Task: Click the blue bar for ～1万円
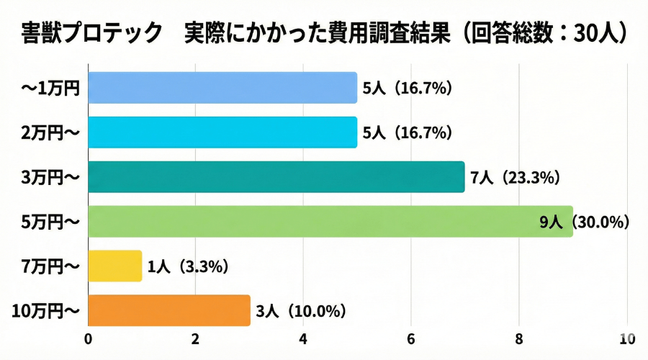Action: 222,88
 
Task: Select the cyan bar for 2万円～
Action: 222,132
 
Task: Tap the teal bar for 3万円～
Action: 276,177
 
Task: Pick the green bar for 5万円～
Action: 330,222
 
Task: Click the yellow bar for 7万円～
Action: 115,266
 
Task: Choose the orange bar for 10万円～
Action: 169,311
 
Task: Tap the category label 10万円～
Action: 46,312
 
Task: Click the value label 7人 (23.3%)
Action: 516,178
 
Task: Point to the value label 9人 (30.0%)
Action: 585,222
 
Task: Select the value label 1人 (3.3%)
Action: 188,267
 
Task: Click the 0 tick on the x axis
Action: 88,339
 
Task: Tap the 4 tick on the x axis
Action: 304,339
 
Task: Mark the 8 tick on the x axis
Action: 519,339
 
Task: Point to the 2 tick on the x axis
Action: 196,339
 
